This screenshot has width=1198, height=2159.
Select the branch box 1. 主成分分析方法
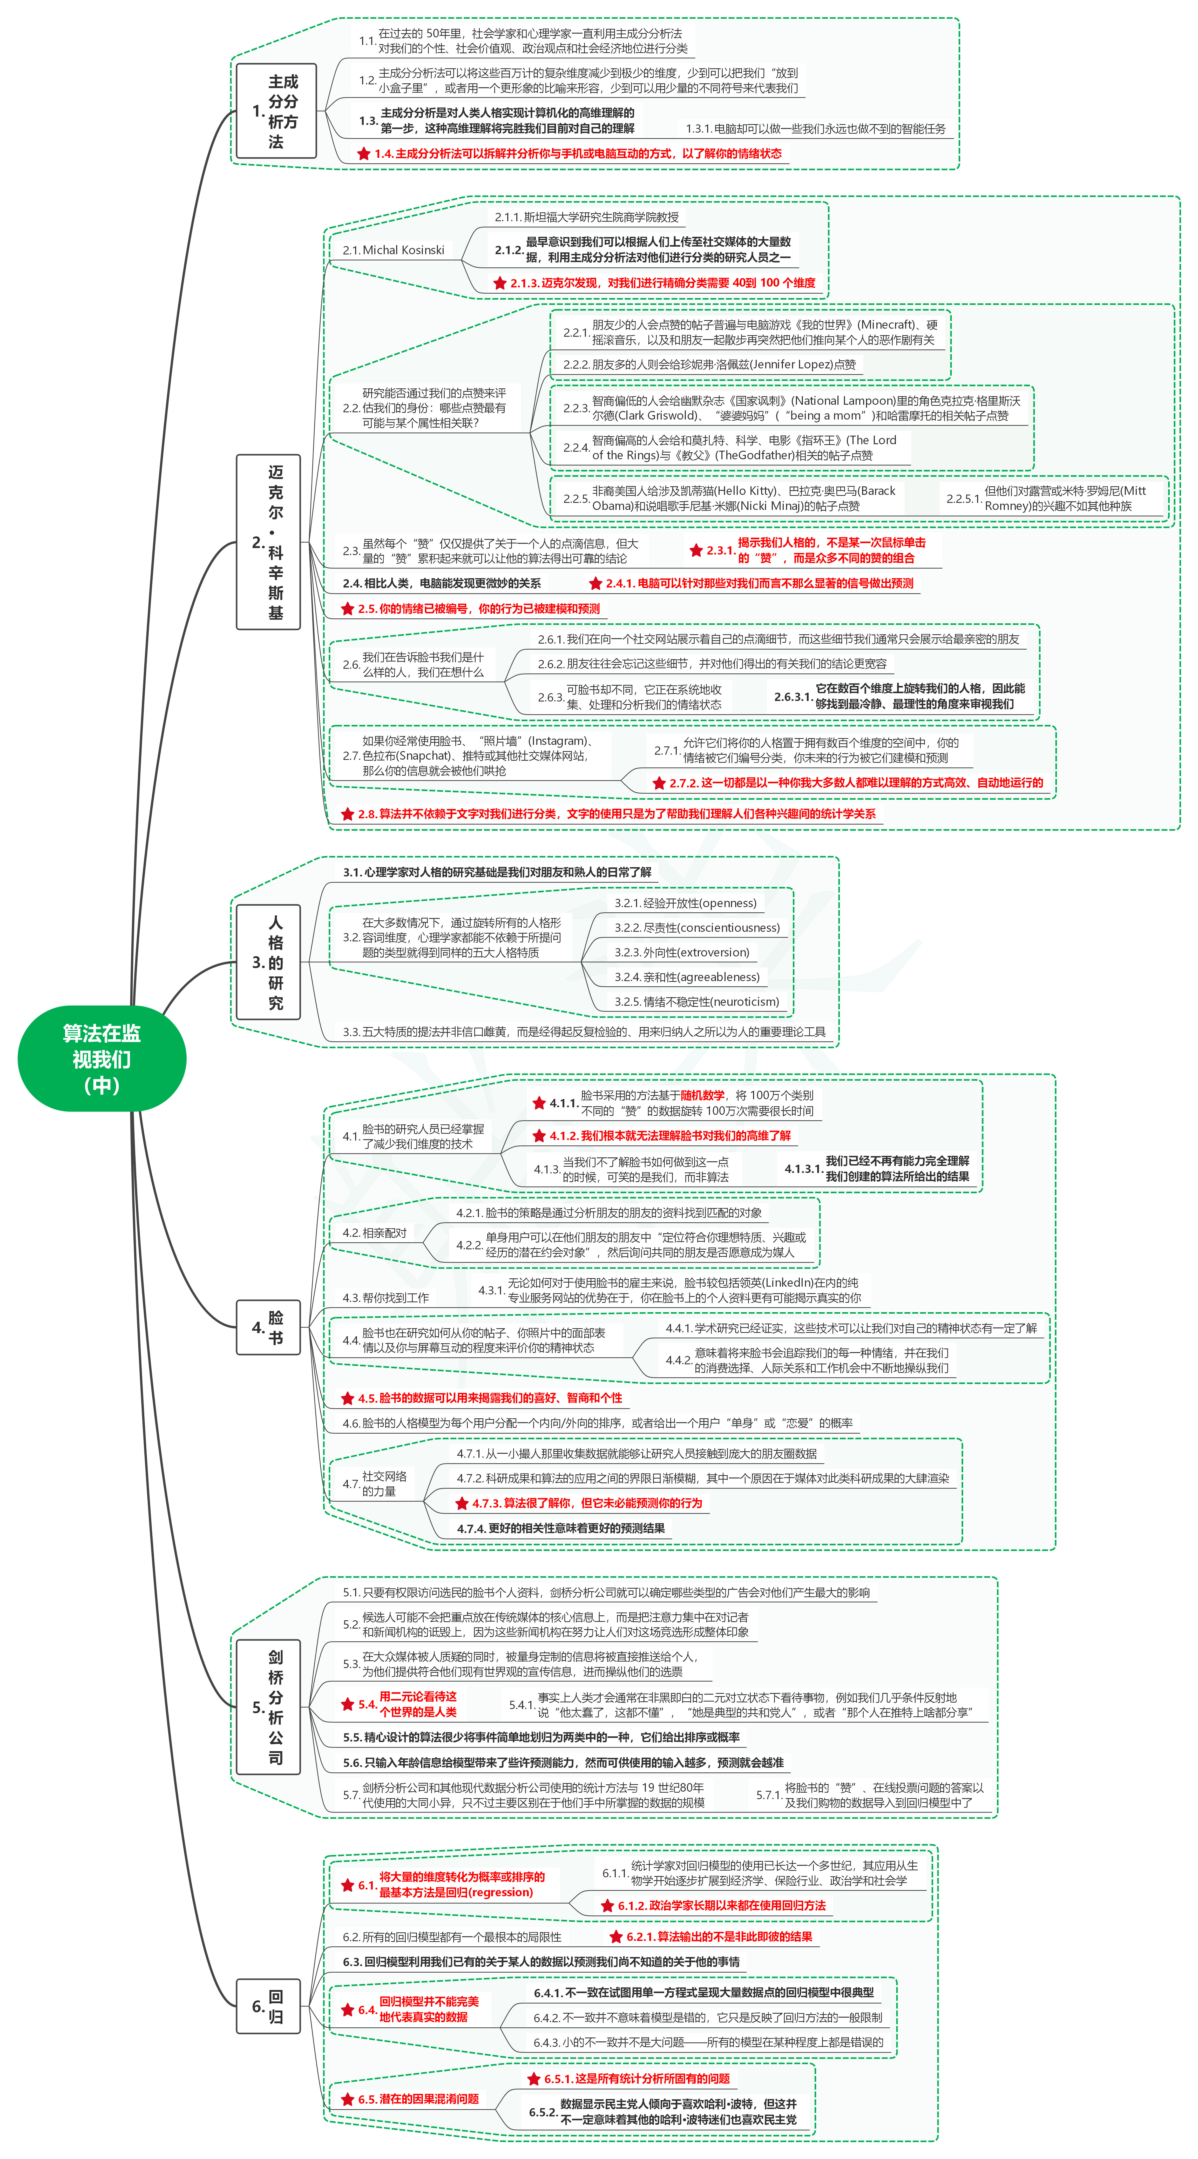276,111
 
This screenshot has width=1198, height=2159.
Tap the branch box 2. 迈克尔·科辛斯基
268,541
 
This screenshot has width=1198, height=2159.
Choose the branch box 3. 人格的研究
268,962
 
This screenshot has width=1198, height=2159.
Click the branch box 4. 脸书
268,1327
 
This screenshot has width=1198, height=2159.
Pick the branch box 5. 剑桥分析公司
268,1706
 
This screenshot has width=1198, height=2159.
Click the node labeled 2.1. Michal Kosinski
393,250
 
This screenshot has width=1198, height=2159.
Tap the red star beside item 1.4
364,153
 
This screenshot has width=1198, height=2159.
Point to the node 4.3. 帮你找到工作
385,1297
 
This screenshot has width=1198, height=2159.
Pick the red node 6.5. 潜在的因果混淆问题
410,2099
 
